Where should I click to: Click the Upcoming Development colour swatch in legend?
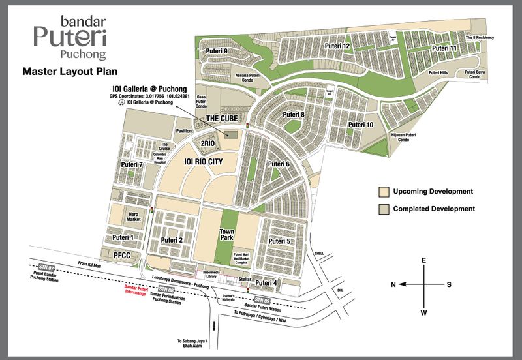point(384,192)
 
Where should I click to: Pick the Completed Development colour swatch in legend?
point(384,209)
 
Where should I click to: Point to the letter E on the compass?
point(424,260)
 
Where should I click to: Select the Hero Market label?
point(134,217)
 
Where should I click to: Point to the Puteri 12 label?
point(338,46)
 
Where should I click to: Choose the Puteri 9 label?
point(216,51)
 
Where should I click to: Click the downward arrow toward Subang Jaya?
point(213,325)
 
